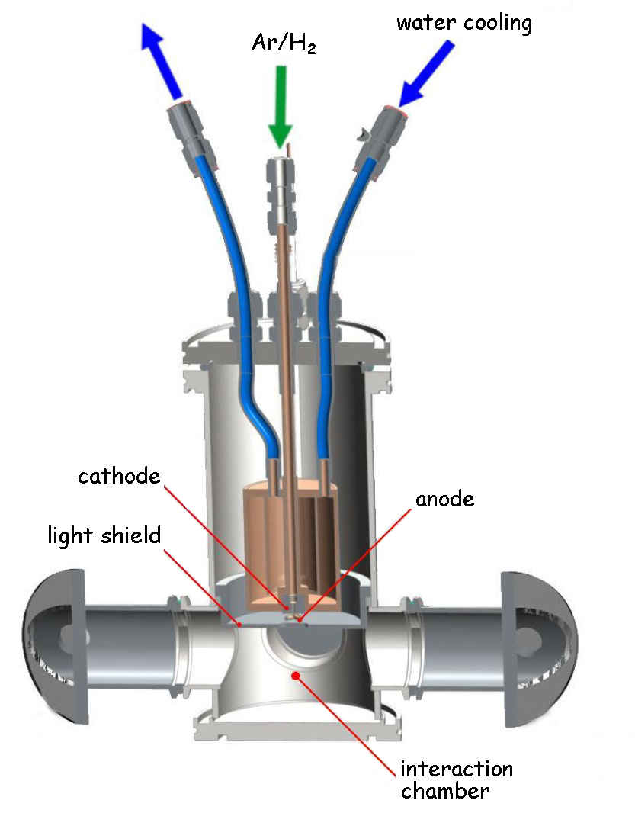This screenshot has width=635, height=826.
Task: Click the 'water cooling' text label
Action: point(463,22)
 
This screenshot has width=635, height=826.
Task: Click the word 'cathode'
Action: point(119,477)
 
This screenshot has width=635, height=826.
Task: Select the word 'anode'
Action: point(444,500)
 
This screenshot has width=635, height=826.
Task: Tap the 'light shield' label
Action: point(104,535)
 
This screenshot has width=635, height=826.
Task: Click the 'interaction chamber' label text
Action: point(456,779)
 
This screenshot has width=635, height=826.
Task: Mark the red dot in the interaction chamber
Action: point(296,673)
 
